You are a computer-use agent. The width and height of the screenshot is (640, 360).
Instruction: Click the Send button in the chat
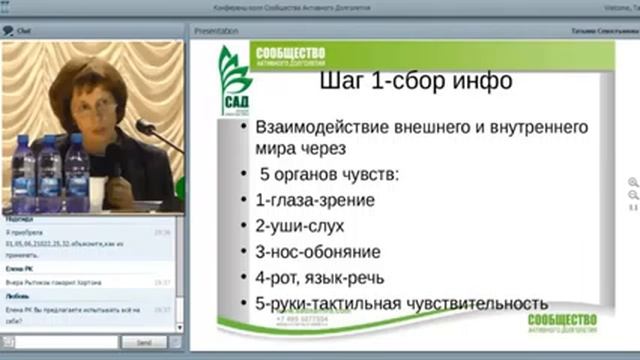pos(143,342)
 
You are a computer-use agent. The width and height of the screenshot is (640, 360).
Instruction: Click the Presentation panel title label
pos(216,31)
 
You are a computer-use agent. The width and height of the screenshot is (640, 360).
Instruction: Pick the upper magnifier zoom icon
pos(633,183)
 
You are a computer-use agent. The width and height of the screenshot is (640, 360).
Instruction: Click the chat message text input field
pos(61,342)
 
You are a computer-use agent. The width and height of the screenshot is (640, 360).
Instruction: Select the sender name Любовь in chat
pos(18,297)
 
